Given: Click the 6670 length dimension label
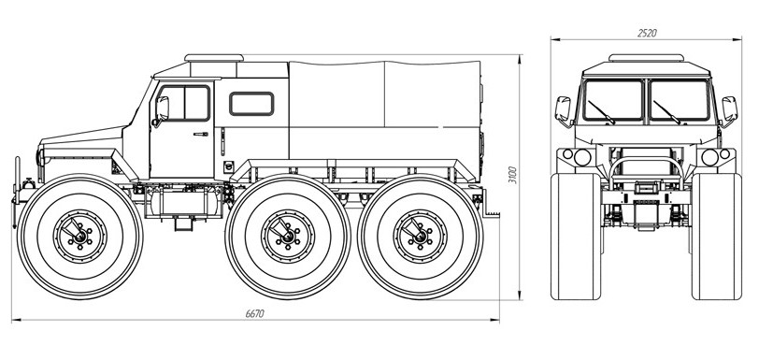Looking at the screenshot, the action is pos(255,313).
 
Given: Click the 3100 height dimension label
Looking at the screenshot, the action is pos(513,175).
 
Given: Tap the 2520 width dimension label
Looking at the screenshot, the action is pos(647,33).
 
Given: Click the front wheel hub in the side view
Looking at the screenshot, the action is pos(79,237).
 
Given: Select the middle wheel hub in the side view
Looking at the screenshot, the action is pos(288,237).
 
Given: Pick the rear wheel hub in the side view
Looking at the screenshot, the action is pos(420,237).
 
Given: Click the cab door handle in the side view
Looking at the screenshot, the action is pos(201,134).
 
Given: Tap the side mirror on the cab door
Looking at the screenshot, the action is pos(161,110).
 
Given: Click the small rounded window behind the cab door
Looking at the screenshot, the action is pos(251,104).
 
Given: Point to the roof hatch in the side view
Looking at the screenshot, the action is pos(214,58).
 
